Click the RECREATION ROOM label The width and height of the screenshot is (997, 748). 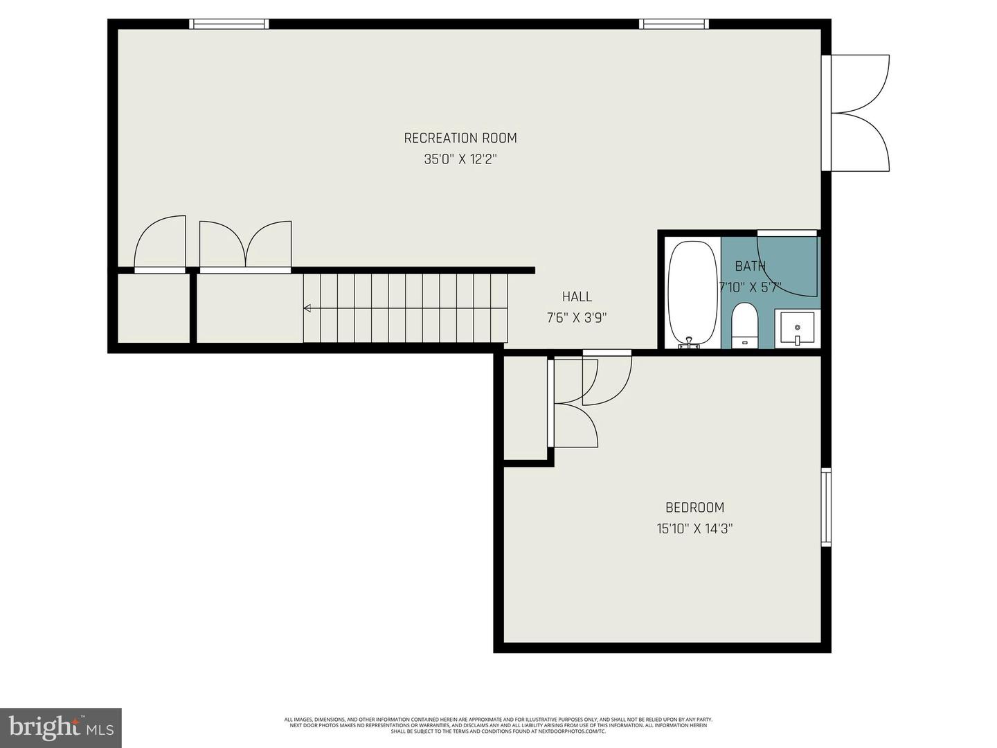click(460, 138)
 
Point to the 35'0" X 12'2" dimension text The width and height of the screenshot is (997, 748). click(460, 159)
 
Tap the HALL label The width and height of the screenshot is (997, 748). click(577, 296)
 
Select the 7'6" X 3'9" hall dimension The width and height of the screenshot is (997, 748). click(577, 318)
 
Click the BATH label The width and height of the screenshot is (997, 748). click(750, 266)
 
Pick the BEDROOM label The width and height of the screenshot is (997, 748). click(694, 507)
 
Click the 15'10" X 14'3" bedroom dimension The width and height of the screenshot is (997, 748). click(694, 529)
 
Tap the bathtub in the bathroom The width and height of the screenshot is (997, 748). click(692, 293)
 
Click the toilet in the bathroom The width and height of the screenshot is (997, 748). click(745, 324)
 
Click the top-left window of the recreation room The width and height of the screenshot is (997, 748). click(229, 24)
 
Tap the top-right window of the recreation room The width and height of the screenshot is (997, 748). click(674, 24)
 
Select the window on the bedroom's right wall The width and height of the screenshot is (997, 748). click(825, 507)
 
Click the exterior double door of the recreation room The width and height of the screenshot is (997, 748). click(859, 113)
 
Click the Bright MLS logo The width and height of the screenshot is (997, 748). click(61, 727)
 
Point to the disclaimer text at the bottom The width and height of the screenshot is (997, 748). click(498, 725)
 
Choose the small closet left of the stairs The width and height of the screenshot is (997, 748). click(153, 308)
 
